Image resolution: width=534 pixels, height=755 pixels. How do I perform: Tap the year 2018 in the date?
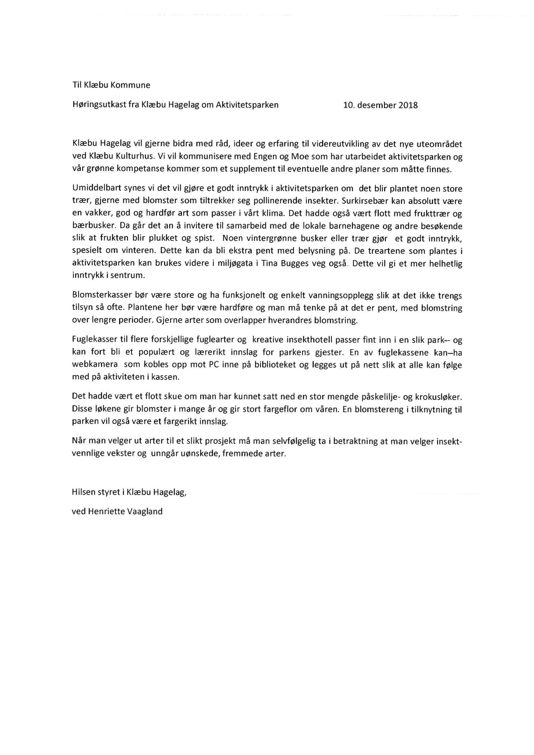(x=408, y=105)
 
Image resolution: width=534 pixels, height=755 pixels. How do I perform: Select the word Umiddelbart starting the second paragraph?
(x=94, y=189)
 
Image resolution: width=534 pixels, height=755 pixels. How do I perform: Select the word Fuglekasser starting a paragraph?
(x=92, y=340)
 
